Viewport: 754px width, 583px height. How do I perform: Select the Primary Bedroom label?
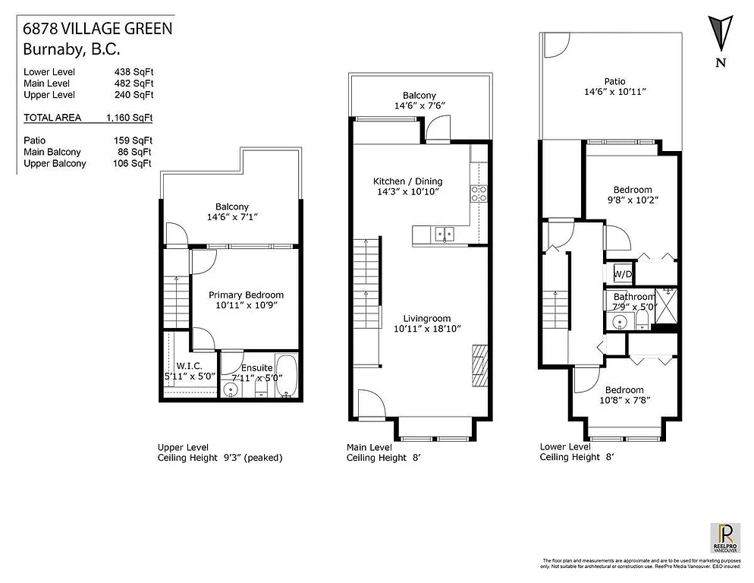tap(247, 295)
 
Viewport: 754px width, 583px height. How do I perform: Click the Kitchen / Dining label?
tap(407, 181)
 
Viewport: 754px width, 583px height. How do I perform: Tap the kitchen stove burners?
tap(479, 194)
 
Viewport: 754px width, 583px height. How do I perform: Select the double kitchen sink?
tap(444, 235)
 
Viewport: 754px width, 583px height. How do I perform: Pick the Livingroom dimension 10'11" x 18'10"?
tap(427, 329)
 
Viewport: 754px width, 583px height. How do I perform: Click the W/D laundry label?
tap(623, 273)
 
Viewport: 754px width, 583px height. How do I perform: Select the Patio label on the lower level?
tap(614, 81)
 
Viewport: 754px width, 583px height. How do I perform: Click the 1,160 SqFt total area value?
tap(130, 118)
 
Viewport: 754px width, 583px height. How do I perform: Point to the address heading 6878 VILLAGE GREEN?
tap(97, 30)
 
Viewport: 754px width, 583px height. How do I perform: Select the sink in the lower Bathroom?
tap(620, 322)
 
